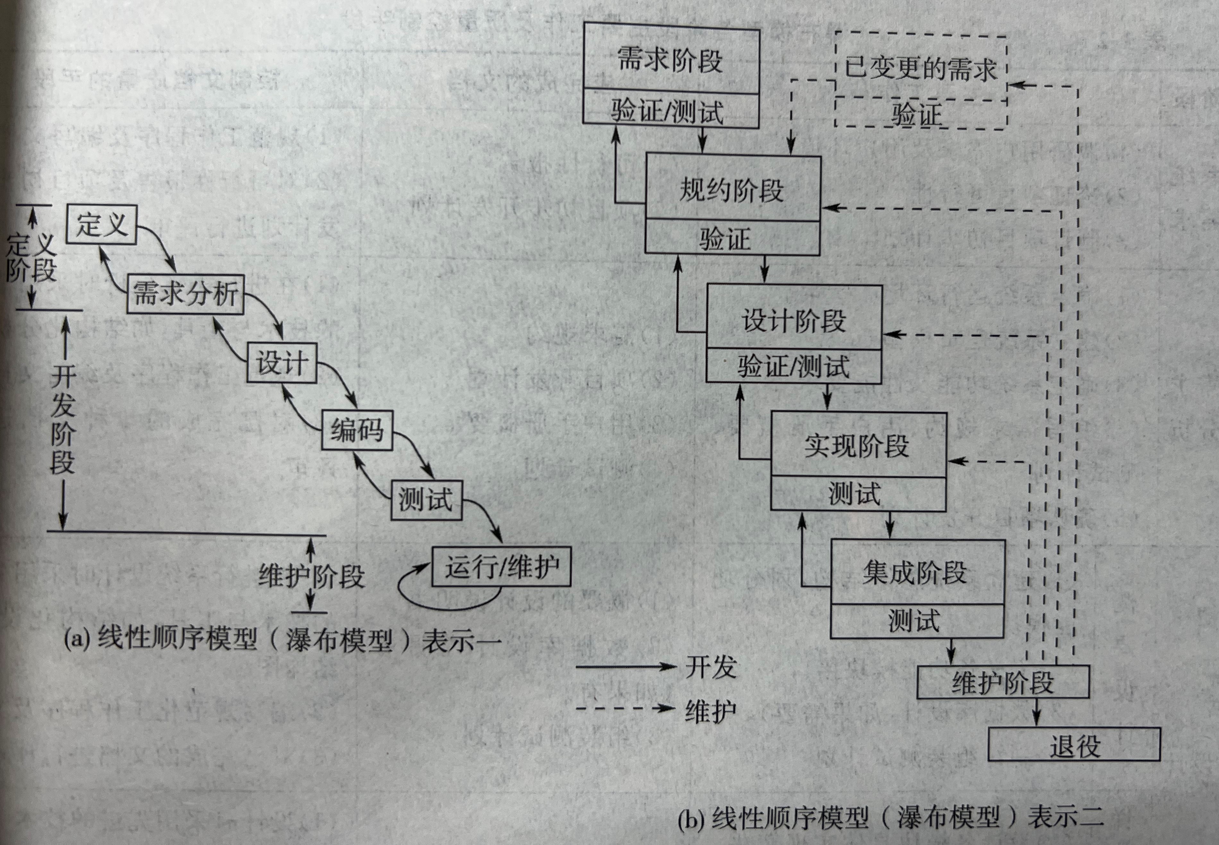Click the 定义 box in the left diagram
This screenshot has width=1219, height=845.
click(x=102, y=225)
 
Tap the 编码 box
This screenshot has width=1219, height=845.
click(x=357, y=429)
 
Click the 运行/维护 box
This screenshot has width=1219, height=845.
click(x=501, y=567)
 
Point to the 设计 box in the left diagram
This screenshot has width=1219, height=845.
click(x=282, y=363)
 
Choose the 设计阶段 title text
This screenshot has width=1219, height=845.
click(x=793, y=320)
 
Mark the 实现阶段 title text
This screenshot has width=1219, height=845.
click(x=857, y=446)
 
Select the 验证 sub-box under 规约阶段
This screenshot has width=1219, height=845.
click(x=731, y=239)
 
